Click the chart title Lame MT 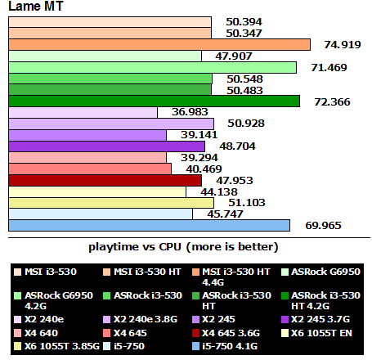pyautogui.click(x=36, y=8)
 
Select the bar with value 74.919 pyautogui.click(x=159, y=44)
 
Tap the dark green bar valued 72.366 pyautogui.click(x=155, y=101)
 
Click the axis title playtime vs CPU pyautogui.click(x=183, y=246)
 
